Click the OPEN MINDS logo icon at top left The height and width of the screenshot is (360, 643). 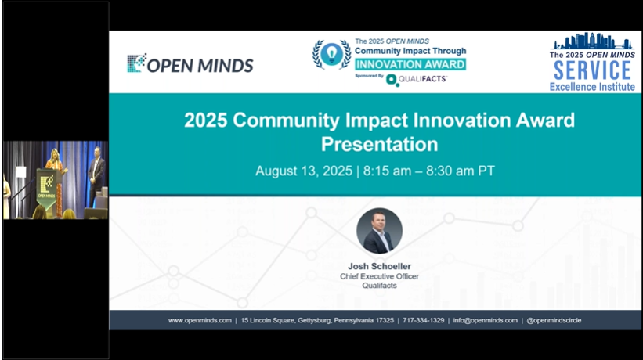coord(136,63)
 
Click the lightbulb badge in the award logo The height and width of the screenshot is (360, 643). coord(331,54)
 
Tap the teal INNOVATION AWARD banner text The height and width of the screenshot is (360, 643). coord(410,64)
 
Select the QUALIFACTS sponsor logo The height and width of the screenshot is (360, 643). coord(417,80)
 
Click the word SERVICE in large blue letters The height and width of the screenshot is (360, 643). coord(592,70)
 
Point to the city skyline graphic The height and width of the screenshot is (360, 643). coord(592,41)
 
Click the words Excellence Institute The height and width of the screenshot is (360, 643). coord(592,87)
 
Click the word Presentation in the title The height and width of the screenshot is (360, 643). coord(379,144)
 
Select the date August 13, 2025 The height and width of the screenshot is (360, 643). coord(304,171)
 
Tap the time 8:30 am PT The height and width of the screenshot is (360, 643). coord(460,171)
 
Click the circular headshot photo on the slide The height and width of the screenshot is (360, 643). coord(379,231)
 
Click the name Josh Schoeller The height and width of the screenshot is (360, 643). coord(379,266)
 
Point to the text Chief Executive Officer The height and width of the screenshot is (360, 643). coord(379,276)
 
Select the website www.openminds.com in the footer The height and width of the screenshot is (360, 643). coord(200,320)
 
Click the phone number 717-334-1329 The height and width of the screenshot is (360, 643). coord(423,320)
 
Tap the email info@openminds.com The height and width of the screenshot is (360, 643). coord(485,320)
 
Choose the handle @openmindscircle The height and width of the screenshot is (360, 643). coord(554,320)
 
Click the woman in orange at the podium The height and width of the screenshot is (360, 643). coord(56,180)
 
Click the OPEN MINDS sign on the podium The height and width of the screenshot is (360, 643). coord(46,189)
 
